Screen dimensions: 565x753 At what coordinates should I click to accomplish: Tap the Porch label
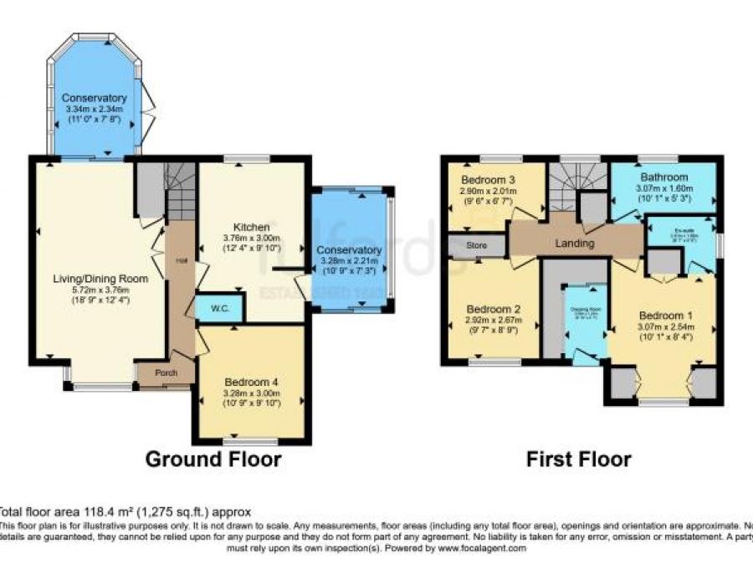tap(166, 372)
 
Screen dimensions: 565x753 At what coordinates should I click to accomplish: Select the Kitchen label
tap(252, 227)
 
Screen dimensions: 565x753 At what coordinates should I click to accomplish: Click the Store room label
tap(477, 246)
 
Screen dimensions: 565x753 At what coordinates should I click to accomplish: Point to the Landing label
tap(575, 244)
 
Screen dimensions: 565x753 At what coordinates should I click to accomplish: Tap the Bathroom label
tap(664, 177)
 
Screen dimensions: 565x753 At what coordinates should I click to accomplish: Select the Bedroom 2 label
tap(494, 308)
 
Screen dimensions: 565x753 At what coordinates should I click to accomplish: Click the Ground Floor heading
tap(213, 460)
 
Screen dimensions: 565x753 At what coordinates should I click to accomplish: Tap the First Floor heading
tap(578, 460)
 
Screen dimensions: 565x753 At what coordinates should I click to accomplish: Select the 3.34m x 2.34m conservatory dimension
tap(94, 109)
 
